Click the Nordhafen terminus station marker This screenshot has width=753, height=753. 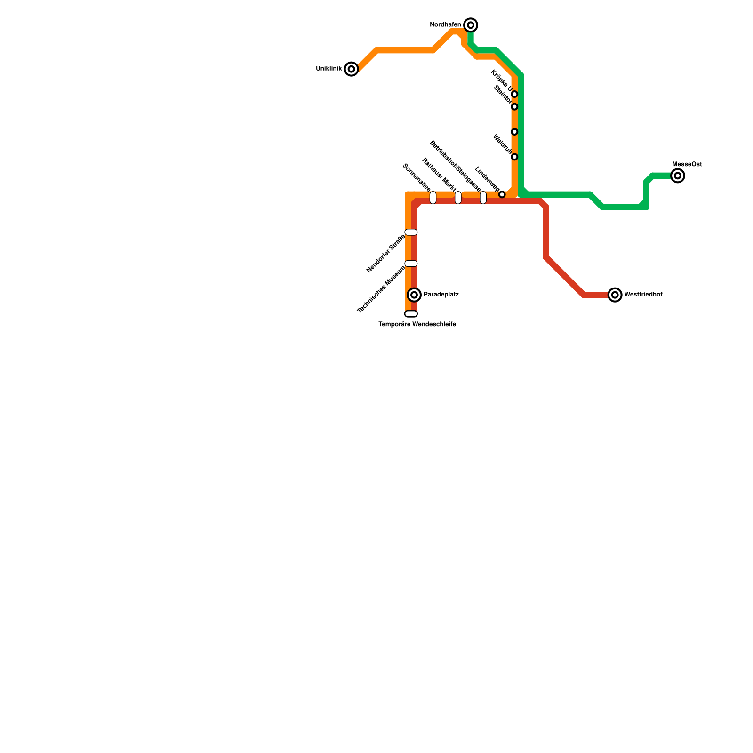471,25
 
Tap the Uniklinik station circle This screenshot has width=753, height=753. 351,69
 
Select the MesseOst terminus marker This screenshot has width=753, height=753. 678,176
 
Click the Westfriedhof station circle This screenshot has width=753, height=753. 615,295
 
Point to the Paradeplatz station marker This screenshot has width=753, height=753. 414,295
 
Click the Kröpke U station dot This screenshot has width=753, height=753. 514,94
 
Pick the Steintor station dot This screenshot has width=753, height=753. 514,107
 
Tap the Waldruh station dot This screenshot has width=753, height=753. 514,157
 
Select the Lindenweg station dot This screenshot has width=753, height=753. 502,194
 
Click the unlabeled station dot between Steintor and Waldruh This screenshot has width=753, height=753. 514,132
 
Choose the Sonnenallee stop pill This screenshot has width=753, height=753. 433,198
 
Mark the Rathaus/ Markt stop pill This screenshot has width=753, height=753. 458,198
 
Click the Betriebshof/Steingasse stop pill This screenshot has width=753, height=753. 483,198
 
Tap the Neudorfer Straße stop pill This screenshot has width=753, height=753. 411,232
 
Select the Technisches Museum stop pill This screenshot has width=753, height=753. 411,264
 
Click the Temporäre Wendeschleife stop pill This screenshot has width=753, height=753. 411,314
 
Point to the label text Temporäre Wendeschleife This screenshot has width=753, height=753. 417,325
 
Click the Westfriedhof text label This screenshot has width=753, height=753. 643,295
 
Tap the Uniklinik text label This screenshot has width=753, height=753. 329,69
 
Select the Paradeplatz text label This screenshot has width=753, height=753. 441,295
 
